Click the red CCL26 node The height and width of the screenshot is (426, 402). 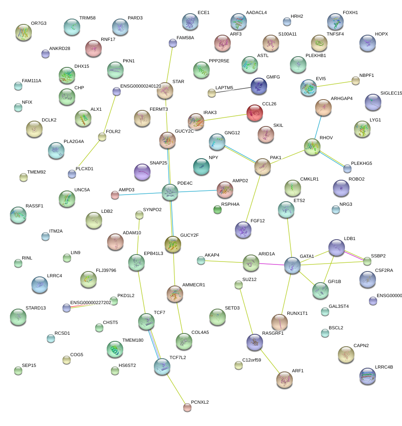point(254,112)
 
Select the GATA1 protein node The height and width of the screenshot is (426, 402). point(292,265)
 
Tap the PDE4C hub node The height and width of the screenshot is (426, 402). point(170,192)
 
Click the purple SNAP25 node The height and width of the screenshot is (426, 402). point(142,171)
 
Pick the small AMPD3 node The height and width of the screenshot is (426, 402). point(115,195)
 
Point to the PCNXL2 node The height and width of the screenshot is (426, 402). point(187,407)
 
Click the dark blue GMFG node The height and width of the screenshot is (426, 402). point(259,86)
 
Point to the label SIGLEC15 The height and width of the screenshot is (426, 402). point(391,93)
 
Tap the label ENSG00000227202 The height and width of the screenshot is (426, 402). point(91,302)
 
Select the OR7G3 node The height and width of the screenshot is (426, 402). point(24,32)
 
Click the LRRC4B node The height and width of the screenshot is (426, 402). point(368,376)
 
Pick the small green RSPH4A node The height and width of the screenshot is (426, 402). point(218,209)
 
